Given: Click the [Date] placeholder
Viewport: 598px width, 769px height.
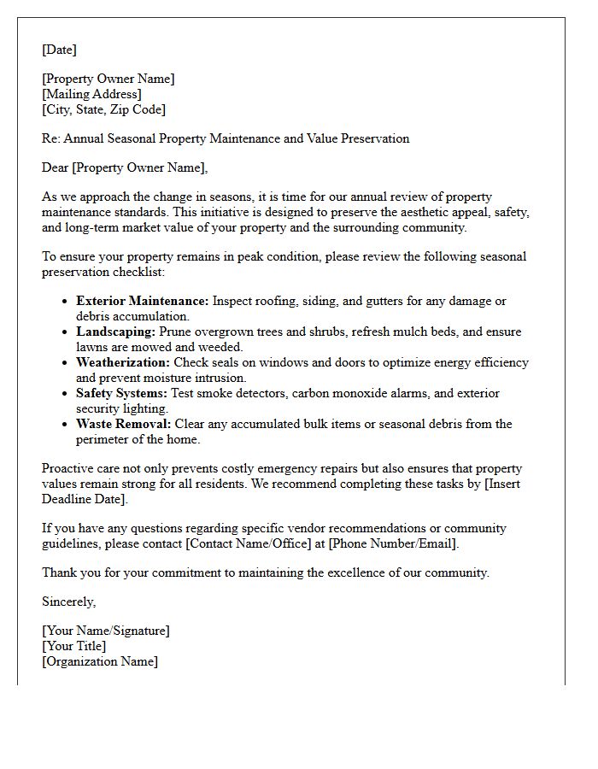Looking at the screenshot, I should (x=59, y=50).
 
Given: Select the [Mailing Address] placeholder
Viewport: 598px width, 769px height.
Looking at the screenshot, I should (x=91, y=94).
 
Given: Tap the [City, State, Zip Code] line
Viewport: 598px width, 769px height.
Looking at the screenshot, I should (x=103, y=109).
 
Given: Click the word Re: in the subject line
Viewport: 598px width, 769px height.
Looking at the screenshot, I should (x=51, y=138).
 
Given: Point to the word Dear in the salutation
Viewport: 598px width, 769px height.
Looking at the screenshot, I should (x=56, y=167).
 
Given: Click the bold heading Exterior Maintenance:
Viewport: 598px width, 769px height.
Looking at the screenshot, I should (x=142, y=301).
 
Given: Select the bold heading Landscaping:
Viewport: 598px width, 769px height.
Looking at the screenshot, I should (x=115, y=332).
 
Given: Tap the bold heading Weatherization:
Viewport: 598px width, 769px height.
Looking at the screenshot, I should (x=123, y=362).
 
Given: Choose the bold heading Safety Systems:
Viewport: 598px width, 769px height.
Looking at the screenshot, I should (x=120, y=393).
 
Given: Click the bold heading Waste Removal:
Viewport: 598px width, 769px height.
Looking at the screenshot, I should (x=123, y=424).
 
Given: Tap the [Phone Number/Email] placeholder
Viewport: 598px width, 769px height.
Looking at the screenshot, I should (x=393, y=543).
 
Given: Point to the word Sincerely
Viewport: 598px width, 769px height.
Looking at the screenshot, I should (x=68, y=602).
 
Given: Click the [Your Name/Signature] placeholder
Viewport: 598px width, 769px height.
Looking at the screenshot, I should (x=106, y=631).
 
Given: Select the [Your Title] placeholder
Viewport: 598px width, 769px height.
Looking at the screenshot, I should (x=74, y=646).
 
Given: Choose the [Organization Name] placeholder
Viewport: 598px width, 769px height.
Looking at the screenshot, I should (x=100, y=661).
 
